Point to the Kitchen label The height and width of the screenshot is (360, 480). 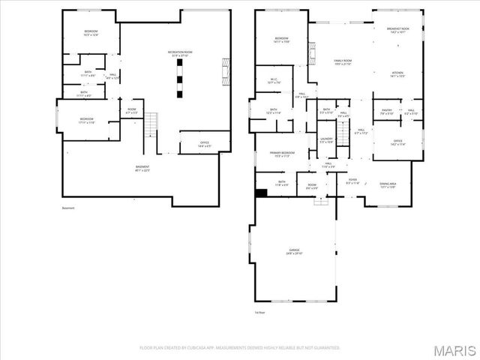(x=397, y=74)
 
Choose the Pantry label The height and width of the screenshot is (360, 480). (x=386, y=112)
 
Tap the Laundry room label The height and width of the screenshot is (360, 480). (x=326, y=140)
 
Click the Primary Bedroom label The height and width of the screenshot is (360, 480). (x=282, y=154)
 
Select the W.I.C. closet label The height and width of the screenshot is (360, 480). (x=274, y=80)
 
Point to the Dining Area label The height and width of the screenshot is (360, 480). (x=388, y=185)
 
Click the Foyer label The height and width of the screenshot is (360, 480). (x=352, y=181)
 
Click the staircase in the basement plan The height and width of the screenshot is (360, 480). (x=152, y=121)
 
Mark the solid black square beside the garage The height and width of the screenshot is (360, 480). (x=261, y=193)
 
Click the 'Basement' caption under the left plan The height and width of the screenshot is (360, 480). (x=68, y=208)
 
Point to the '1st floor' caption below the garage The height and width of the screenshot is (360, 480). (x=260, y=312)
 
